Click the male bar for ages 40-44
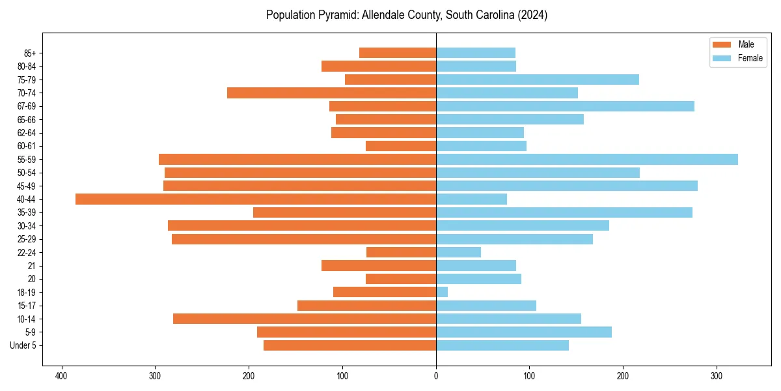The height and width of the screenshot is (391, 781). click(256, 199)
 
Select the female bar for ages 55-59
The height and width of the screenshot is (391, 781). click(586, 160)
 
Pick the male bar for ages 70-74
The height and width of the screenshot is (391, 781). click(331, 93)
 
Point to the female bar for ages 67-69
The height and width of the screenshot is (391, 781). click(565, 106)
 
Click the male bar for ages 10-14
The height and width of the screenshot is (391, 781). click(305, 319)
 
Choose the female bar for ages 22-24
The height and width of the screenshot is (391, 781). click(458, 252)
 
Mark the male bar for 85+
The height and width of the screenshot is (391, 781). click(398, 53)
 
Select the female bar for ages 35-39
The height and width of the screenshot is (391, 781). click(564, 212)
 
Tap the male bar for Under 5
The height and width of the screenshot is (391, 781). click(349, 345)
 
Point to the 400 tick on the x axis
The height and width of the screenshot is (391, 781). click(62, 376)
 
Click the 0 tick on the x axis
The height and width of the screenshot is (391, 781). click(436, 376)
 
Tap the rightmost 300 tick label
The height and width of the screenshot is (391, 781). click(717, 376)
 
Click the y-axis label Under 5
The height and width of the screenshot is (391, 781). click(23, 345)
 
